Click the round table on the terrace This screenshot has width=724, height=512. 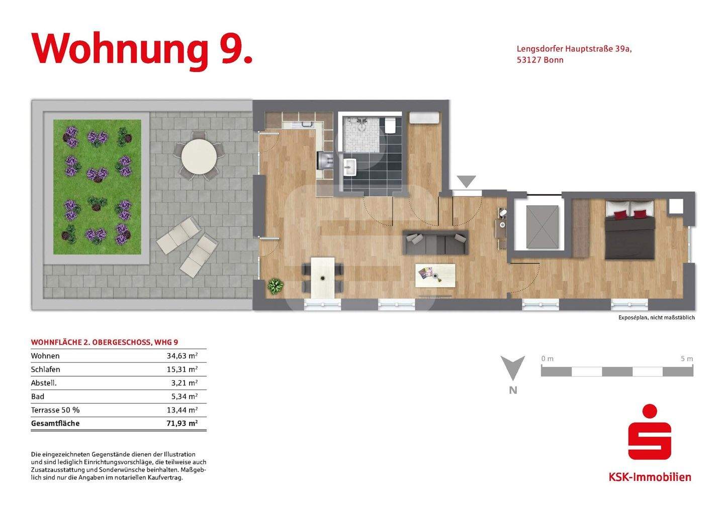199,156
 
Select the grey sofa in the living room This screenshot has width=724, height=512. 435,242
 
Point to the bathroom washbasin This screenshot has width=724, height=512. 350,166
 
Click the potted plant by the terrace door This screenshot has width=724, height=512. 275,286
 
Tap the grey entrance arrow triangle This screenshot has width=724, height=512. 466,182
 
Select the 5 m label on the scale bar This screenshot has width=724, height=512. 686,359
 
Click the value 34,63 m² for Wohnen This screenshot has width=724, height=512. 182,356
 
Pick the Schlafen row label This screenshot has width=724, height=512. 45,369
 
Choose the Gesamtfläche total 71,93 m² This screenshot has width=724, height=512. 182,423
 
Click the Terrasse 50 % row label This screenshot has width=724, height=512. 55,410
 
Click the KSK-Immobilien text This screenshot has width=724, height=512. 650,477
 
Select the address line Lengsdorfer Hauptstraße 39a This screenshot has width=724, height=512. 574,49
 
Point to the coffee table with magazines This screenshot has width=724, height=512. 435,275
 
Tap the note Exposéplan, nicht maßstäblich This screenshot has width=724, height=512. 656,318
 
